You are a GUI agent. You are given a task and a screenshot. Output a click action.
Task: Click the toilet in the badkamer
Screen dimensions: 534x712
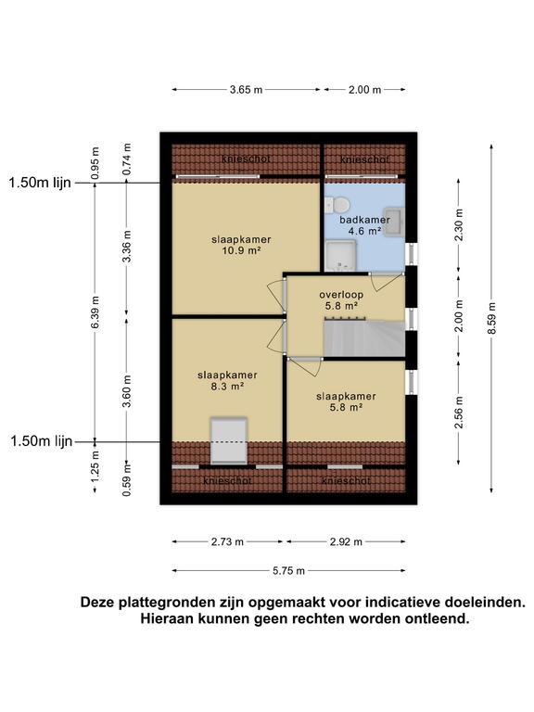click(x=337, y=205)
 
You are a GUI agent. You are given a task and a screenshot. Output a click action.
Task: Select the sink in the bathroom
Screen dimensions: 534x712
click(x=394, y=222)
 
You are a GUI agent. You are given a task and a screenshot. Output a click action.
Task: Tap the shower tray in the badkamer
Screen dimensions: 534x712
click(x=340, y=255)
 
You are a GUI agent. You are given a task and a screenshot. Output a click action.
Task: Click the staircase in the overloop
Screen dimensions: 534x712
click(x=363, y=338)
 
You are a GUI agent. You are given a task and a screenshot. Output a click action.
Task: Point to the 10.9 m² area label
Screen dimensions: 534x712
click(x=241, y=250)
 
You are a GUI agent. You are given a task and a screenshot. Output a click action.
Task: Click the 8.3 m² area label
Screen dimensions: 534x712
click(x=227, y=387)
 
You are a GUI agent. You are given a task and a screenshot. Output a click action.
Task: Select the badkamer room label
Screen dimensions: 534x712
click(x=364, y=220)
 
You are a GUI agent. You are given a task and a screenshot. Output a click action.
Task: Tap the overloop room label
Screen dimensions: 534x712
click(x=341, y=295)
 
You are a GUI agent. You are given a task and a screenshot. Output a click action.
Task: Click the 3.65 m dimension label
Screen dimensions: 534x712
click(x=246, y=89)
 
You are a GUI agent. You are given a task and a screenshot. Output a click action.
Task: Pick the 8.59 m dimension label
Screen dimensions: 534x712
click(x=491, y=318)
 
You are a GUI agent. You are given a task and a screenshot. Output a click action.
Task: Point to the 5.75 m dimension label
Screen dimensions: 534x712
click(x=289, y=571)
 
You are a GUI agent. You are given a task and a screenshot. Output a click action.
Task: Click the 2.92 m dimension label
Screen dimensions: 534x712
click(x=346, y=541)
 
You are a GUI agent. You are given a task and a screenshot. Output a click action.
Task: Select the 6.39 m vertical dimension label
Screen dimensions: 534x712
click(x=95, y=311)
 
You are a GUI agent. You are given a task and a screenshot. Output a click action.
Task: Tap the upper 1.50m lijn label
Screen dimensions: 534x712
click(x=40, y=183)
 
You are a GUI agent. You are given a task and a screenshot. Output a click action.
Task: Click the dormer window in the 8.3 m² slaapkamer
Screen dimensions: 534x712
click(x=229, y=441)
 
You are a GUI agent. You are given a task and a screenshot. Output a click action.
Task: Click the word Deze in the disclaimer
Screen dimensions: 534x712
click(x=97, y=603)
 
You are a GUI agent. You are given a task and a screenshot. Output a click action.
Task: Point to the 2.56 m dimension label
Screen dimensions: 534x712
click(x=459, y=413)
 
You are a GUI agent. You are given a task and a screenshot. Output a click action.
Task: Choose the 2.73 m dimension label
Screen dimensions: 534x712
click(x=227, y=541)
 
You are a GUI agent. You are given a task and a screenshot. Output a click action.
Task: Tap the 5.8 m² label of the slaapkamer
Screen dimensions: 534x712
click(x=346, y=407)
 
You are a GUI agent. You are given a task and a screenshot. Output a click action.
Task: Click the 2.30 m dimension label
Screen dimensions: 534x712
click(x=459, y=225)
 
